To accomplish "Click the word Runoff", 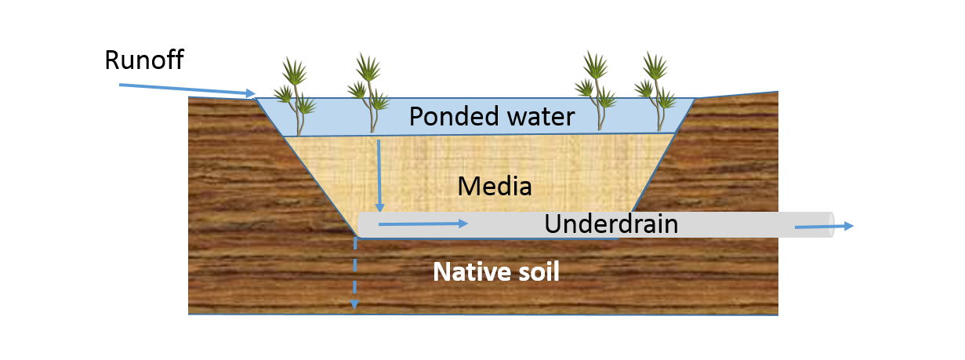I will click(x=144, y=60).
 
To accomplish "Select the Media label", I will click(x=495, y=187).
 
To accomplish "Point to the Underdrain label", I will click(x=611, y=224).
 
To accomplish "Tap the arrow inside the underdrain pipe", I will click(x=423, y=224).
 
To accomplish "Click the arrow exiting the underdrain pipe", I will click(x=823, y=227).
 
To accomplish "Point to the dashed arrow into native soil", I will click(x=354, y=275).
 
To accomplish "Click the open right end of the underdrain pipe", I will click(x=832, y=224).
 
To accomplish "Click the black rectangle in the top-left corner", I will click(x=53, y=22).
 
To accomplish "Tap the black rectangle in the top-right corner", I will click(x=941, y=20).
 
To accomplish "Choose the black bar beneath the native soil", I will click(x=483, y=338).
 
